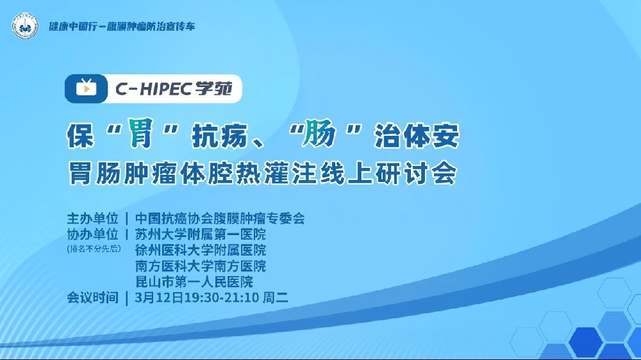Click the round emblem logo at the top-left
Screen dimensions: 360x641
[x=25, y=27]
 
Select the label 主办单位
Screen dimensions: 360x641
[x=93, y=218]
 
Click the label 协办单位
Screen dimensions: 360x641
[x=93, y=234]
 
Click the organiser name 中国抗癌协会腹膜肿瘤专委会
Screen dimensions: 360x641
[x=220, y=218]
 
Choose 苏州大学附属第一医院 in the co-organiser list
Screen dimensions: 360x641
[x=201, y=234]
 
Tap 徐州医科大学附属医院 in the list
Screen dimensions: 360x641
[x=201, y=250]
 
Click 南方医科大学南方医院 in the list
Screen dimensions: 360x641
[x=201, y=266]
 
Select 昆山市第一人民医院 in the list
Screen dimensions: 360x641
[x=194, y=282]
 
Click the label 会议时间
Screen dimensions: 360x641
[x=93, y=298]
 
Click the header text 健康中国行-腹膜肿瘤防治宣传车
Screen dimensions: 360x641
[x=122, y=27]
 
